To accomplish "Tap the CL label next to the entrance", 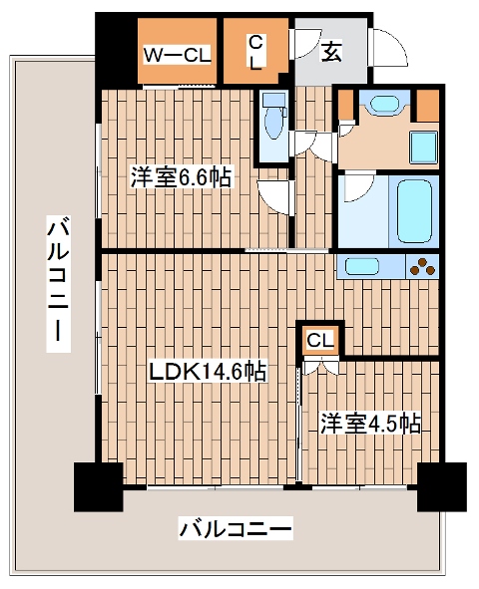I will click(255, 53).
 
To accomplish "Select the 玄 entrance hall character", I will click(330, 51).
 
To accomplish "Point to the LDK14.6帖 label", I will click(207, 372).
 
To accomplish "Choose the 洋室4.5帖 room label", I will click(369, 423).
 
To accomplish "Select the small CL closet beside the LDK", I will click(320, 341).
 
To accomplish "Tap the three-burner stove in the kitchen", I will click(422, 266).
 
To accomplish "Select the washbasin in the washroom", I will click(378, 103).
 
